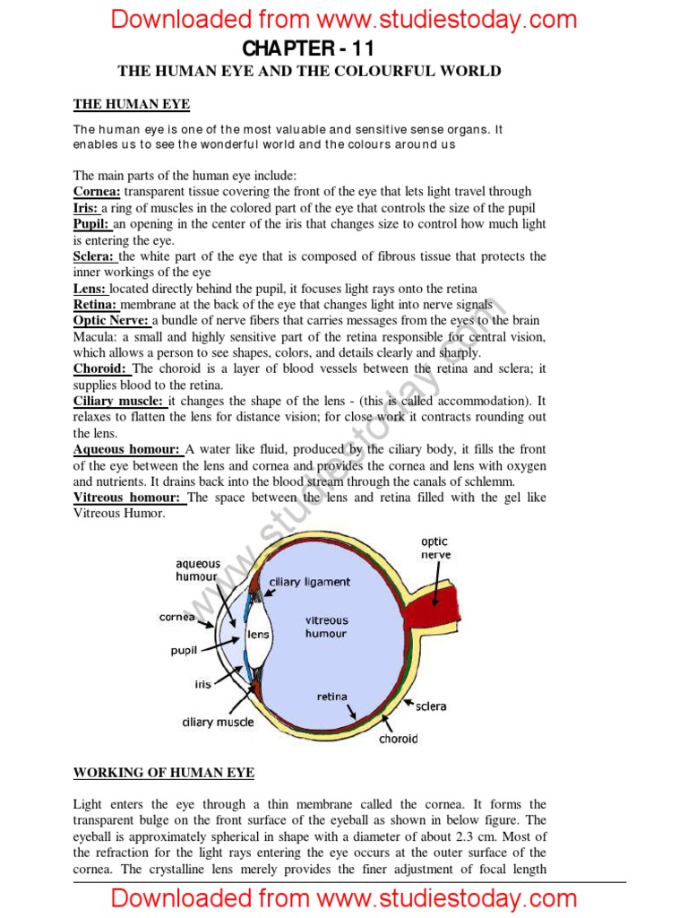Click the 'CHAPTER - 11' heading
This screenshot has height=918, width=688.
(x=308, y=48)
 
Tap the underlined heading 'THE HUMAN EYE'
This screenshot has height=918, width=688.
(x=131, y=105)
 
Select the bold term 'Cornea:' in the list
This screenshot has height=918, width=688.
(x=97, y=191)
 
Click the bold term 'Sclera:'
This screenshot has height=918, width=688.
(x=93, y=256)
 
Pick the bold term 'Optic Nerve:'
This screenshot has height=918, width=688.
(x=112, y=321)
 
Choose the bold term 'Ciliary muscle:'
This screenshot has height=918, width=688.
(x=118, y=402)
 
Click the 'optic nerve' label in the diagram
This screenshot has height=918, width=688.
(x=435, y=548)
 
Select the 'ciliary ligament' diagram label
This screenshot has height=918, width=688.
(x=310, y=582)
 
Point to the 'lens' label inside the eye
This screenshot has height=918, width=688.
(x=258, y=634)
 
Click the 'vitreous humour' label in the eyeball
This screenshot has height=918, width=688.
(x=326, y=626)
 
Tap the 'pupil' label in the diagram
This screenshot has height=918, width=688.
(x=184, y=651)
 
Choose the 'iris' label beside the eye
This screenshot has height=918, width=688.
(x=203, y=684)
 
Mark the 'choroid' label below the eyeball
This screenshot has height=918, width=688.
(x=398, y=739)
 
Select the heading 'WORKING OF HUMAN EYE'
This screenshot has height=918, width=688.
(x=163, y=772)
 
